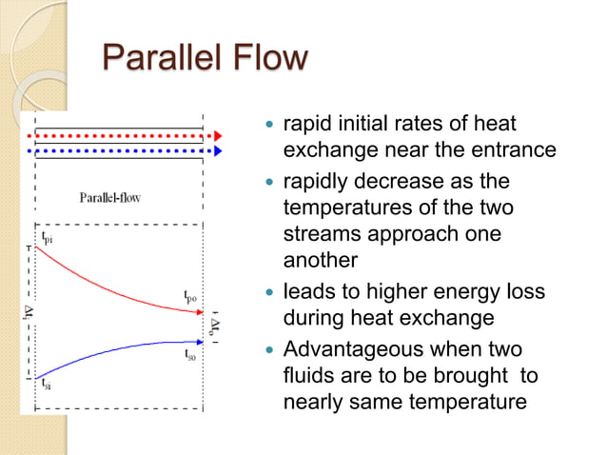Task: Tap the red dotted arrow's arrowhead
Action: click(218, 135)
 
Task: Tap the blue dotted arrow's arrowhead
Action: click(218, 150)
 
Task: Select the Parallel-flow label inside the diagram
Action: click(109, 198)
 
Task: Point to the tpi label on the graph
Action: click(47, 238)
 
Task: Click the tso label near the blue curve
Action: click(191, 353)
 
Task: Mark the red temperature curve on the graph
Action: click(114, 283)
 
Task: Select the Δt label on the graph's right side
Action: click(217, 326)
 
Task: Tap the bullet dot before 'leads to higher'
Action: click(270, 290)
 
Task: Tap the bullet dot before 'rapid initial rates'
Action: click(270, 124)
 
